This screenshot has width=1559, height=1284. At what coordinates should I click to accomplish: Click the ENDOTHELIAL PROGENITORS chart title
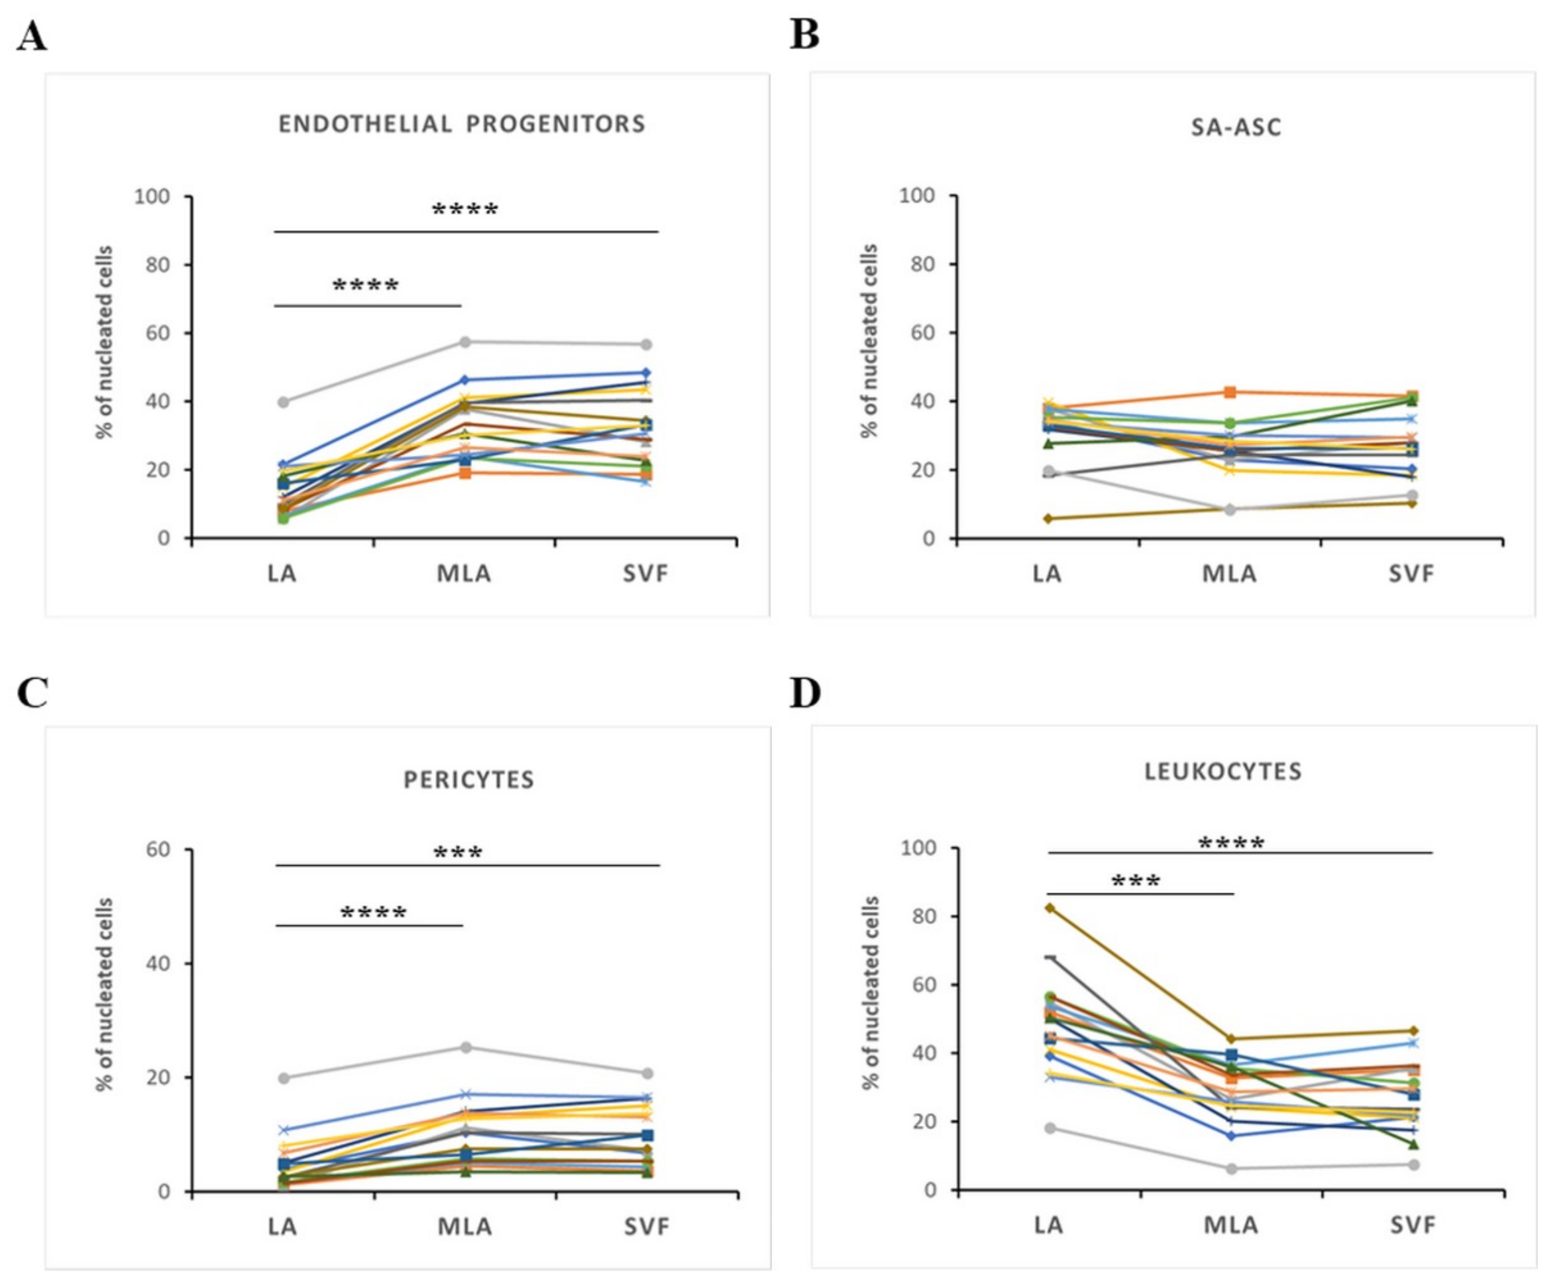point(462,124)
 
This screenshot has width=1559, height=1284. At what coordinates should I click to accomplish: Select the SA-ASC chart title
point(1235,127)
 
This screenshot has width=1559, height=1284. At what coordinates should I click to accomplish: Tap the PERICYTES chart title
point(469,780)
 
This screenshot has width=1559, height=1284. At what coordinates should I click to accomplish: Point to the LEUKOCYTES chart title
point(1223,772)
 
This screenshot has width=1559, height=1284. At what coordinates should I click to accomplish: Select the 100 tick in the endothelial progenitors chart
point(152,197)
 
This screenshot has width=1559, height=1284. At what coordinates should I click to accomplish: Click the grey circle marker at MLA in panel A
point(465,342)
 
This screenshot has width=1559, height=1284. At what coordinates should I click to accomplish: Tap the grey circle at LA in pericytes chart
point(283,1079)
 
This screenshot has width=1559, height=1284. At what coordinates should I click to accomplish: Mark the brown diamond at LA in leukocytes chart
point(1049,907)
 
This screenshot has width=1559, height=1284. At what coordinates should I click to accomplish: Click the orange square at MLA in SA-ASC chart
point(1230,392)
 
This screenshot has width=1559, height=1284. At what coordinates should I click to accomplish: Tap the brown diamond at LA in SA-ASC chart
point(1048,518)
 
